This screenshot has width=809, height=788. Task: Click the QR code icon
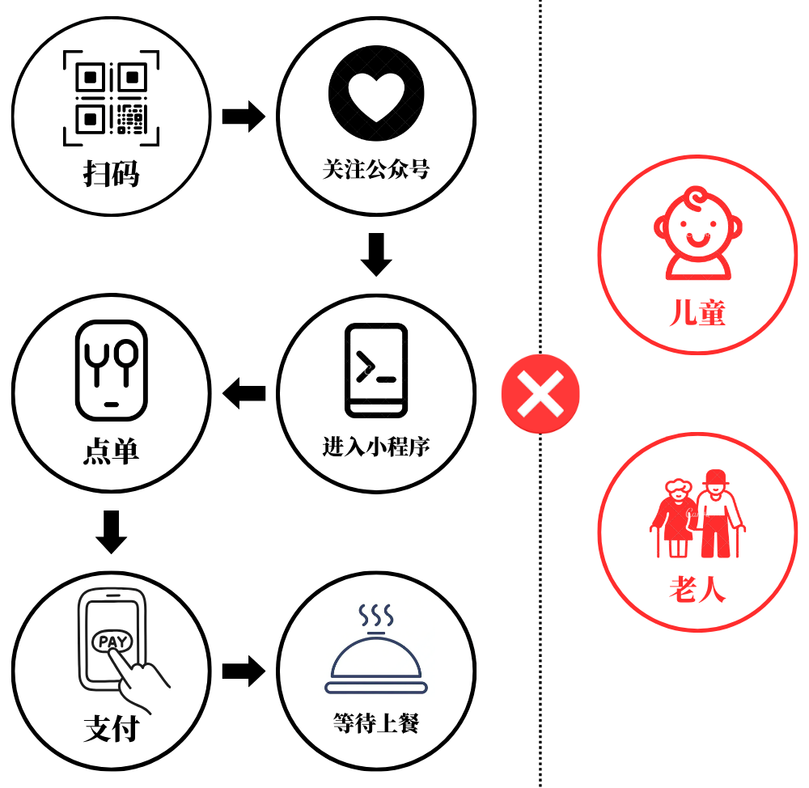112,99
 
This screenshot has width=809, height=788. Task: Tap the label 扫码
112,173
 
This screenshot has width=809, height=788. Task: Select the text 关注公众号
376,170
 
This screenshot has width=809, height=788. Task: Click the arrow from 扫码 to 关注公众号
244,117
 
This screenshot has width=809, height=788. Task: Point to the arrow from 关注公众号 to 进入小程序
376,254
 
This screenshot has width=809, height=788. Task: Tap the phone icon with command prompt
376,370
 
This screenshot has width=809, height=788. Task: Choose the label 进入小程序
376,447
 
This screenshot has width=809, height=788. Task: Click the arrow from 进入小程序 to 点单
244,394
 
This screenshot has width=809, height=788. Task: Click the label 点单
112,451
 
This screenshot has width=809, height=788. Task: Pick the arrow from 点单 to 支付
112,531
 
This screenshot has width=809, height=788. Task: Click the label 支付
112,729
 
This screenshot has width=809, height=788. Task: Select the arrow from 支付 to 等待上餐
244,670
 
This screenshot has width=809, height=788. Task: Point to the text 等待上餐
376,722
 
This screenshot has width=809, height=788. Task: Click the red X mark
540,394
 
